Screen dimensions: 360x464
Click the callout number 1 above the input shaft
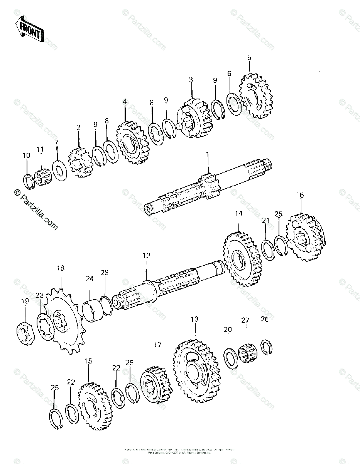208,155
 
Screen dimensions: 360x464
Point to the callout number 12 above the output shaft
146,256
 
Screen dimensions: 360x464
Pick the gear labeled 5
256,96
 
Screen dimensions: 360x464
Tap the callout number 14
238,213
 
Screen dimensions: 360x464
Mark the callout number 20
228,329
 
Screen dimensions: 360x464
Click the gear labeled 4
132,143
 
